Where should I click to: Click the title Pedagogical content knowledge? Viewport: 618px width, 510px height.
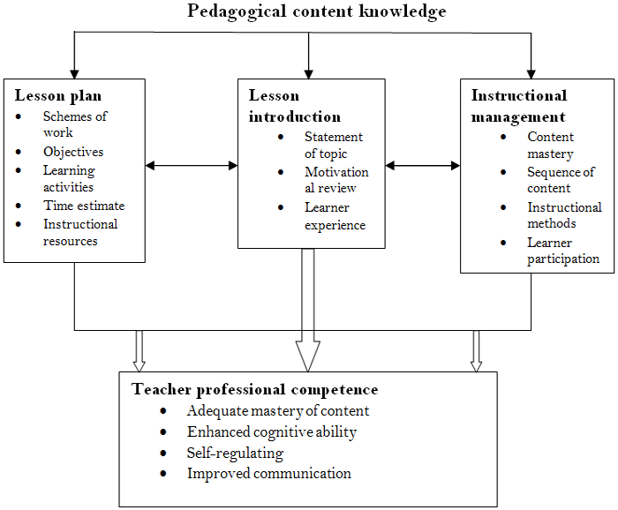coord(316,11)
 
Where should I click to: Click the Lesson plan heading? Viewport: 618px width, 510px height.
coord(56,95)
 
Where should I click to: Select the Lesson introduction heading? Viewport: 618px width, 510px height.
coord(294,106)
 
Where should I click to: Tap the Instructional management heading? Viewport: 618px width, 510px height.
coord(519,106)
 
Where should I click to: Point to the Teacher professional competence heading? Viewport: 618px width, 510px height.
coord(254,389)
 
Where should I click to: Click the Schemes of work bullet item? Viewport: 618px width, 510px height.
coord(75,124)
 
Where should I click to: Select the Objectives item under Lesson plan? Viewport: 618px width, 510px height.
coord(73,152)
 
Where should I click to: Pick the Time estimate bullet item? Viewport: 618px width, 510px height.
coord(84,206)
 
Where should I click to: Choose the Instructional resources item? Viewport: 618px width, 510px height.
coord(80,232)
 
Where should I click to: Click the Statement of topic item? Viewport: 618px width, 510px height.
coord(333,146)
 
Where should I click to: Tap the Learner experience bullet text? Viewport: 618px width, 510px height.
coord(334,216)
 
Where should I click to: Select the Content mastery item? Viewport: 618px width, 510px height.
coord(550,146)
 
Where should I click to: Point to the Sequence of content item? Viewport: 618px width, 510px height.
coord(561,180)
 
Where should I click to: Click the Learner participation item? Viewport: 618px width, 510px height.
coord(563,251)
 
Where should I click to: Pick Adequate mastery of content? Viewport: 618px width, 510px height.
coord(278,410)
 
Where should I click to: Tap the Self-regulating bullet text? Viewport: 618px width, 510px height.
coord(235,453)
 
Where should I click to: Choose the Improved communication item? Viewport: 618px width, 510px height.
coord(268,474)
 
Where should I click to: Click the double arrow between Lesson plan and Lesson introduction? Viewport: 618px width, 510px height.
coord(192,165)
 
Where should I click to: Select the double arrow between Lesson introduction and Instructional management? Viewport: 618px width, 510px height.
coord(423,165)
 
